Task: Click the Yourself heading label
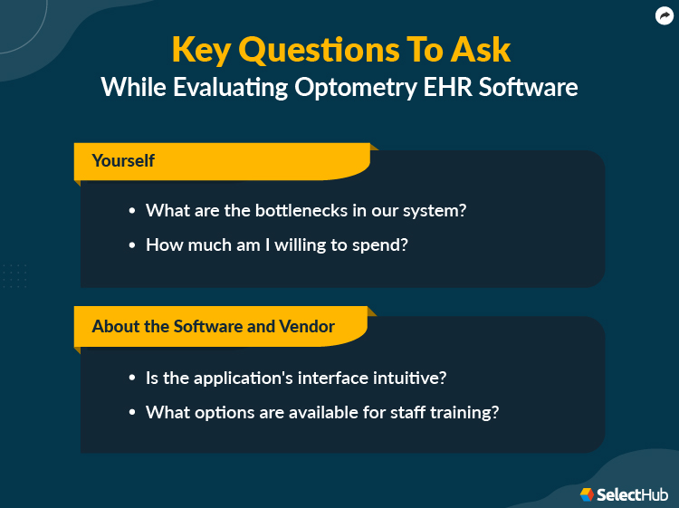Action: [x=123, y=161]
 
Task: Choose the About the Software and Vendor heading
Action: [x=213, y=326]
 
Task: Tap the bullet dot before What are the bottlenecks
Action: [x=133, y=211]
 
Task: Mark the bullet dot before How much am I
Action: [x=133, y=245]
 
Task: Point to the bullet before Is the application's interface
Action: [x=133, y=378]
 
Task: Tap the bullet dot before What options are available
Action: [x=133, y=412]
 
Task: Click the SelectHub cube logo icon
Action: [x=588, y=494]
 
